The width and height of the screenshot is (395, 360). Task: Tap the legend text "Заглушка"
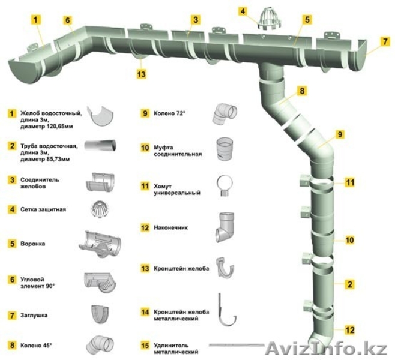tap(35, 314)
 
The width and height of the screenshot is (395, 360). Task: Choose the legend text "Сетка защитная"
tap(44, 209)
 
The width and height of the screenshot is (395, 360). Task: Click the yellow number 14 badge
tap(145, 313)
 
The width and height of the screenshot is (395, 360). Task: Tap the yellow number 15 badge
tap(145, 345)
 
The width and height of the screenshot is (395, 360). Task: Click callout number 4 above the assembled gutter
tap(243, 11)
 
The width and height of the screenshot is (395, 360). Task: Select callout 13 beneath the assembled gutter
tap(142, 75)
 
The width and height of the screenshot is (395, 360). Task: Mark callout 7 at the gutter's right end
tap(385, 42)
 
